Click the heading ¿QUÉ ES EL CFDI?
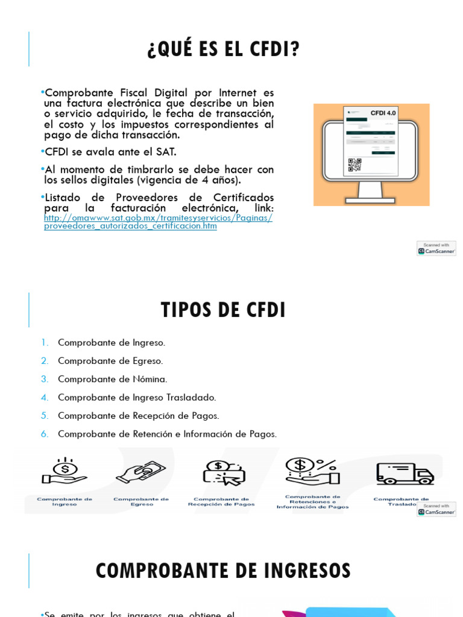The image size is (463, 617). click(x=223, y=50)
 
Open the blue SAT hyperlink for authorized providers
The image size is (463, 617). click(x=158, y=222)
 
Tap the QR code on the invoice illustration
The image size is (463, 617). click(x=354, y=164)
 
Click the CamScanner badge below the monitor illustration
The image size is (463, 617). click(x=436, y=248)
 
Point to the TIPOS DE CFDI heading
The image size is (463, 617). click(x=223, y=310)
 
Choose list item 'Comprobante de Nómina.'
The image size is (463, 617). click(x=112, y=379)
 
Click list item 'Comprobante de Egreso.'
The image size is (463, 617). click(x=110, y=361)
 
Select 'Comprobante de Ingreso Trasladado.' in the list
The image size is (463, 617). click(x=137, y=398)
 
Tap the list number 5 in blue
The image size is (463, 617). click(x=45, y=416)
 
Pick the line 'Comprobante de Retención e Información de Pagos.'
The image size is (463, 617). click(x=167, y=434)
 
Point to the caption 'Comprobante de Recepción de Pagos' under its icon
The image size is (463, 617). click(x=221, y=502)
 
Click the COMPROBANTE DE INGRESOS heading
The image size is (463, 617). click(x=223, y=571)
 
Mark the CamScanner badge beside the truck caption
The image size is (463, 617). click(x=436, y=509)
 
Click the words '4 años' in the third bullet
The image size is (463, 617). click(x=220, y=180)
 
